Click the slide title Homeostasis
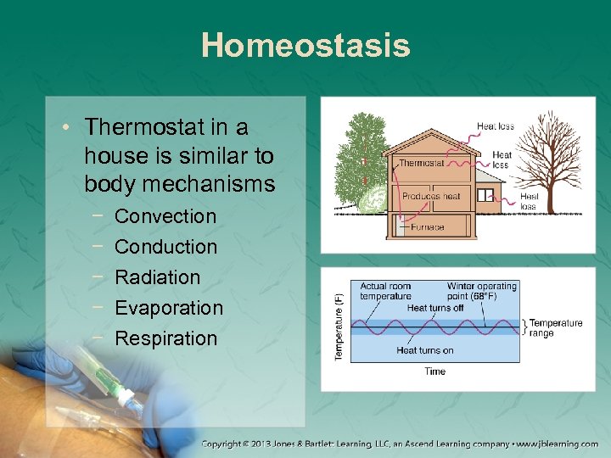click(305, 45)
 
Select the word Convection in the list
click(165, 216)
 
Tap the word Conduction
click(165, 247)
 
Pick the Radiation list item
click(157, 277)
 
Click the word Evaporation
click(168, 308)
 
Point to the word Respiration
click(165, 338)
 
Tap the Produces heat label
click(431, 196)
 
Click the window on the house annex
click(485, 195)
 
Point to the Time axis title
click(434, 371)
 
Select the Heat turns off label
click(435, 308)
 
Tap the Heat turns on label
click(424, 350)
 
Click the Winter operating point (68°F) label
click(481, 291)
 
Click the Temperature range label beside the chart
click(556, 327)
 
